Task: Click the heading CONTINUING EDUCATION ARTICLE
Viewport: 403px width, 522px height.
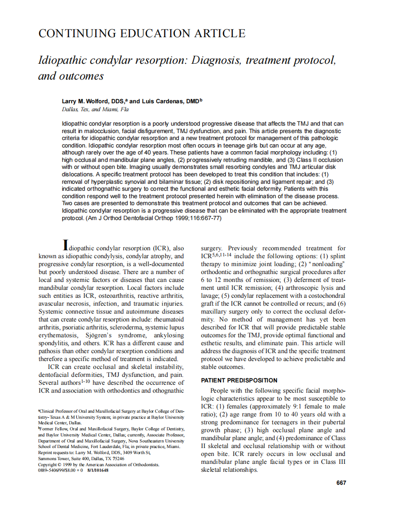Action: coord(141,33)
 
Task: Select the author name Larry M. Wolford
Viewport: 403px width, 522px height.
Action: coord(88,101)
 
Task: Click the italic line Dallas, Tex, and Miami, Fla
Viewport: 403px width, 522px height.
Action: coord(95,109)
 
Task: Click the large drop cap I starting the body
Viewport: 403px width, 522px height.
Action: coord(67,245)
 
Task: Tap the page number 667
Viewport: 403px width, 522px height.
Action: coord(341,482)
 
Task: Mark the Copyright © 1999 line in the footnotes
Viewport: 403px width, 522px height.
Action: coord(99,464)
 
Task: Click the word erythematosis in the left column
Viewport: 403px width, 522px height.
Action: coord(59,335)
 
